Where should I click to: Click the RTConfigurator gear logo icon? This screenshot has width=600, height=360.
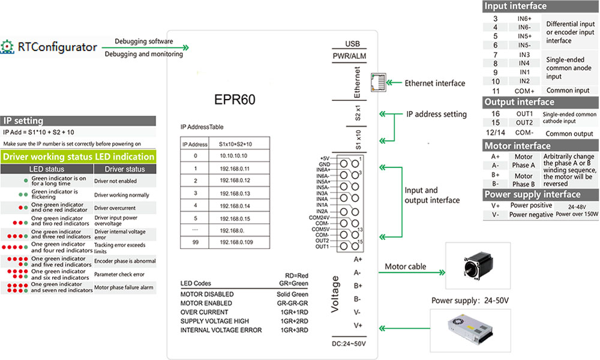[8, 46]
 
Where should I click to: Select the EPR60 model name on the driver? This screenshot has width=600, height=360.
[235, 99]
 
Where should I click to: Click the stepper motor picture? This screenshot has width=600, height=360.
[474, 268]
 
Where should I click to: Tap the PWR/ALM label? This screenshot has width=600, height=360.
[349, 56]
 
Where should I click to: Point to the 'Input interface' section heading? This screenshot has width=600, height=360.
[515, 6]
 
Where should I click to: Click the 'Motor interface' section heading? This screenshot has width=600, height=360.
[517, 146]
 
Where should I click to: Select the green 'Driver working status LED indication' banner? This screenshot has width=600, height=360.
[78, 157]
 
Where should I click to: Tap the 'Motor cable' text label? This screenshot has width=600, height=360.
[405, 266]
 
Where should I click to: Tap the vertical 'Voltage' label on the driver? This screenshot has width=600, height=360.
[336, 295]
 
